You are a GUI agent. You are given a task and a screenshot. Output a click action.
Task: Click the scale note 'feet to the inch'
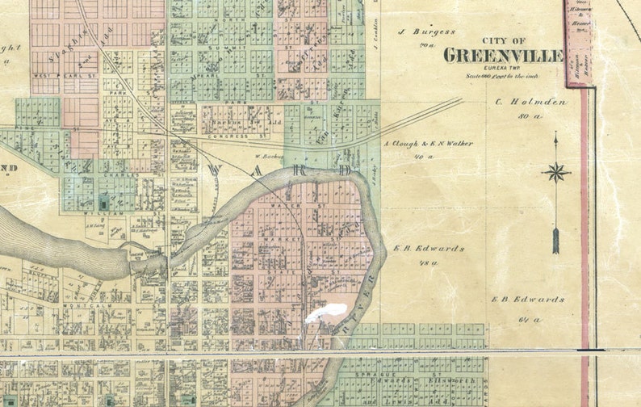click(x=517, y=75)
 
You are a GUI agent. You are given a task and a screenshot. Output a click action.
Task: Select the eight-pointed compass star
click(x=555, y=171)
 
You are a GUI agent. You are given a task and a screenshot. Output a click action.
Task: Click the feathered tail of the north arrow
click(x=555, y=241)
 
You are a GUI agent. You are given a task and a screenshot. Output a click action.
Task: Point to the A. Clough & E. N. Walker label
click(x=427, y=144)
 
